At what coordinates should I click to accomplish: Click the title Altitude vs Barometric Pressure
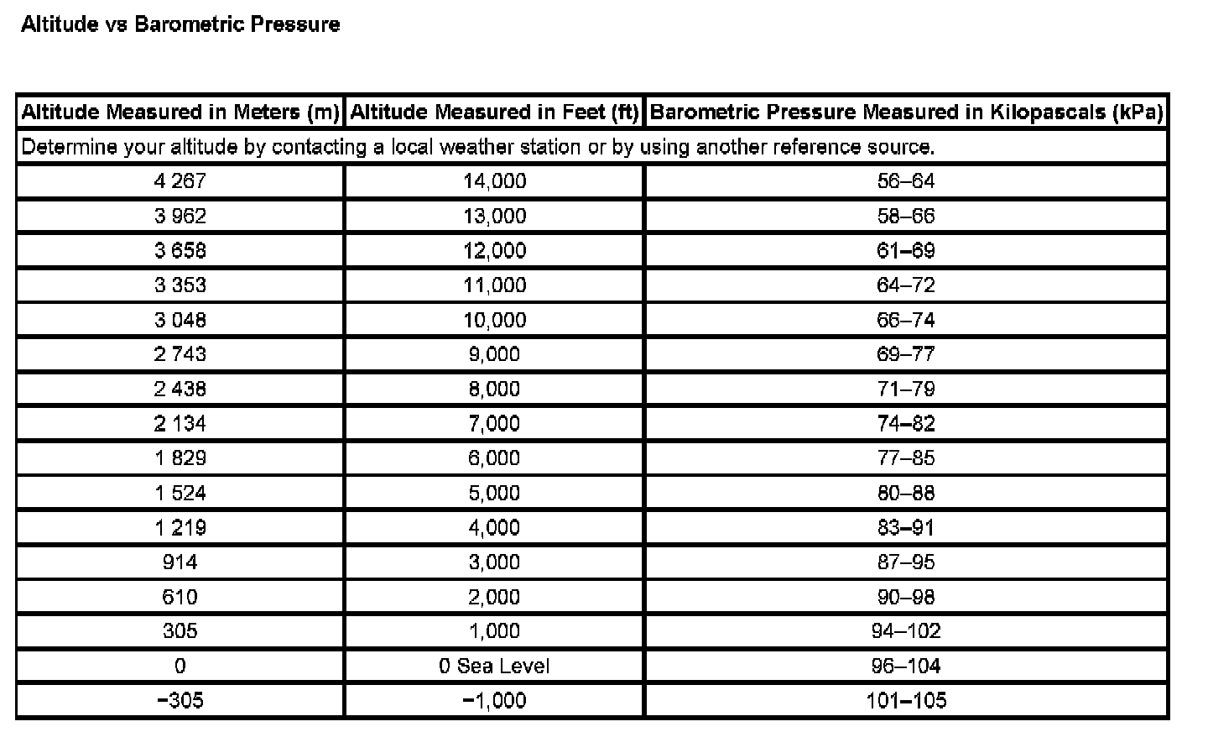(180, 24)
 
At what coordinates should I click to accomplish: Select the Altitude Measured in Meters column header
(180, 112)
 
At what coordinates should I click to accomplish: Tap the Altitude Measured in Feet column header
(494, 112)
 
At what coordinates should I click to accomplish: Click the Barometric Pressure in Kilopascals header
(906, 112)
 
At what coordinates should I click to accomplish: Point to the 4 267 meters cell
(180, 181)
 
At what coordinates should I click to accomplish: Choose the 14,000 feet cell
(494, 181)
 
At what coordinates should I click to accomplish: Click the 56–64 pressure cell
(906, 181)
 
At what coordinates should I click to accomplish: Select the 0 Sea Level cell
(494, 666)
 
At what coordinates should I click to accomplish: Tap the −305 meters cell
(180, 700)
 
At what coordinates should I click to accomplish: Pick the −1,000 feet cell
(494, 700)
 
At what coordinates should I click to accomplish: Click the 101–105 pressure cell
(906, 700)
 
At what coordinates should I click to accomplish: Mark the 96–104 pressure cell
(906, 666)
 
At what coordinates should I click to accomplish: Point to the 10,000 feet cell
(494, 320)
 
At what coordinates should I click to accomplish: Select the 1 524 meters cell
(180, 493)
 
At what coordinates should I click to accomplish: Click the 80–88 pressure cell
(906, 493)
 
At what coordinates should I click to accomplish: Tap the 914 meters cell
(180, 562)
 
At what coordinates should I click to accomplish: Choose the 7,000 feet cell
(494, 423)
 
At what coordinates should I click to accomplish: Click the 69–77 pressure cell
(906, 354)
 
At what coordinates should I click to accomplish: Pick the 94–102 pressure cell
(906, 630)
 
